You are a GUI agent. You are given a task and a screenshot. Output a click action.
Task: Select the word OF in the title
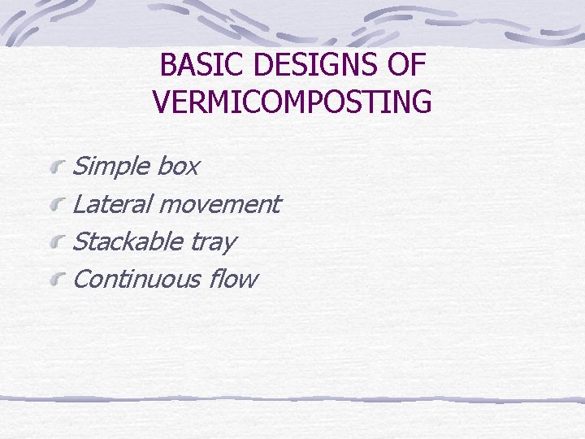coord(407,65)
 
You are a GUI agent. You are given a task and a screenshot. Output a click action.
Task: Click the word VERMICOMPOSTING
coord(292,102)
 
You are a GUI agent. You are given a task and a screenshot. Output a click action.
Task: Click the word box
coord(177,167)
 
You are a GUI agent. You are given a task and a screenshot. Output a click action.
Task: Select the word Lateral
coord(112,204)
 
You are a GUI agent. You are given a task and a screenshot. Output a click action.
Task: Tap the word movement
coord(219,204)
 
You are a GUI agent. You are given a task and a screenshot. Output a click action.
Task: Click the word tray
coord(214,242)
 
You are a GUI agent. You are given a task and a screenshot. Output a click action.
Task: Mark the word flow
coord(233,279)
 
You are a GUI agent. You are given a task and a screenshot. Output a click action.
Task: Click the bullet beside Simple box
coord(56,167)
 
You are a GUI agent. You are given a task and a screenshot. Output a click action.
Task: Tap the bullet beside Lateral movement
coord(56,205)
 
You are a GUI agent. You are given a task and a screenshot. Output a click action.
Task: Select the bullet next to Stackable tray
coord(56,242)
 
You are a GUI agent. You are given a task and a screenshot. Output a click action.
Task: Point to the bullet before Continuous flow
coord(56,280)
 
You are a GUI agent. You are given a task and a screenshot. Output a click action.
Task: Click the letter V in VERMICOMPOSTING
coord(160,102)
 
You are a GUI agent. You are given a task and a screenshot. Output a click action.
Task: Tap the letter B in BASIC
coord(168,65)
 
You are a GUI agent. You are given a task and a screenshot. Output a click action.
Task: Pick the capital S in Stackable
coord(80,241)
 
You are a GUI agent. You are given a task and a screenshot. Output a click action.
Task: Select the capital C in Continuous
coord(80,279)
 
